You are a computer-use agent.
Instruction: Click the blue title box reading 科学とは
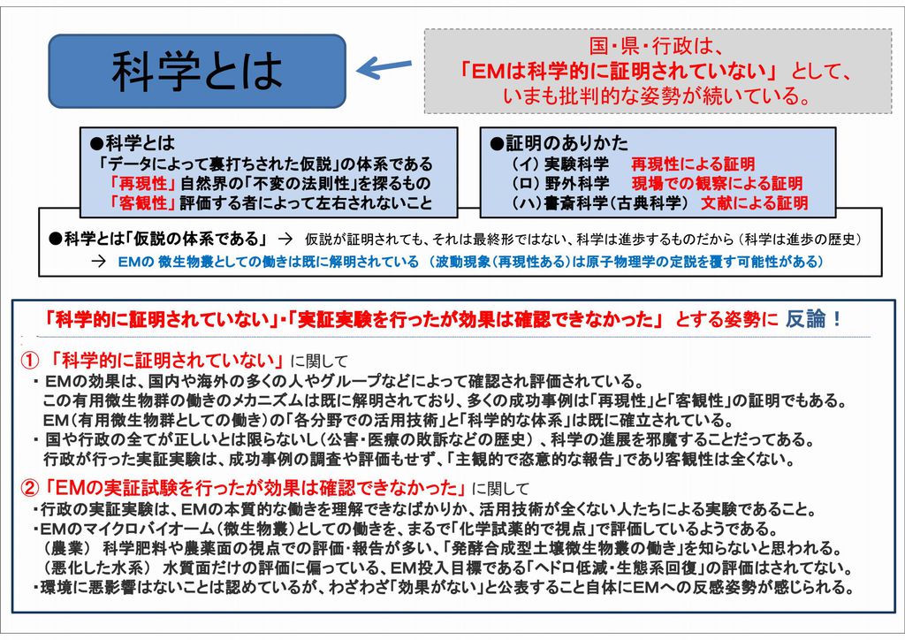tap(197, 72)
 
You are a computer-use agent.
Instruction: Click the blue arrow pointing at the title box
tap(384, 67)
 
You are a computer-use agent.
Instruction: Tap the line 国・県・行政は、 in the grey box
tap(657, 46)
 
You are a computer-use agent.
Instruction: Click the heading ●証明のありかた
tap(559, 142)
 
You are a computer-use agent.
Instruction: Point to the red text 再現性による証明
tap(693, 164)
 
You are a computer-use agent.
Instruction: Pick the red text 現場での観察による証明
tap(717, 183)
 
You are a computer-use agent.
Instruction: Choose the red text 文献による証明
tap(755, 202)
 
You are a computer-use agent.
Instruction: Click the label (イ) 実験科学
tap(559, 164)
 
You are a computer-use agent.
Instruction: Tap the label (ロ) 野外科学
tap(559, 183)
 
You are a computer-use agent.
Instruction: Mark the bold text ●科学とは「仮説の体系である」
tap(159, 239)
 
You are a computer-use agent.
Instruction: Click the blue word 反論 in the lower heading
tap(806, 318)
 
